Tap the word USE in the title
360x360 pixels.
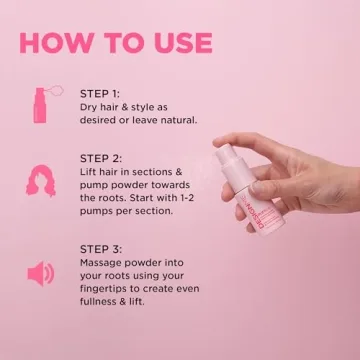[183, 43]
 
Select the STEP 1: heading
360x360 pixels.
[100, 94]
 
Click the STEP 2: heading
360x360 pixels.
[101, 158]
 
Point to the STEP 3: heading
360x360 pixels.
[101, 249]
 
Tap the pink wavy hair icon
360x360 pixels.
[41, 180]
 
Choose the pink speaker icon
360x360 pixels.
[40, 274]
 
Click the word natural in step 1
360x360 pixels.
[179, 120]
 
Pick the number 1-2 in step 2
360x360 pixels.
[186, 198]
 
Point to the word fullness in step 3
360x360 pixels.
[96, 302]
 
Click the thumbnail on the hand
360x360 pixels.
[257, 188]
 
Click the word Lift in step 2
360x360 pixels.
[87, 172]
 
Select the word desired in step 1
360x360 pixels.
[97, 120]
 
